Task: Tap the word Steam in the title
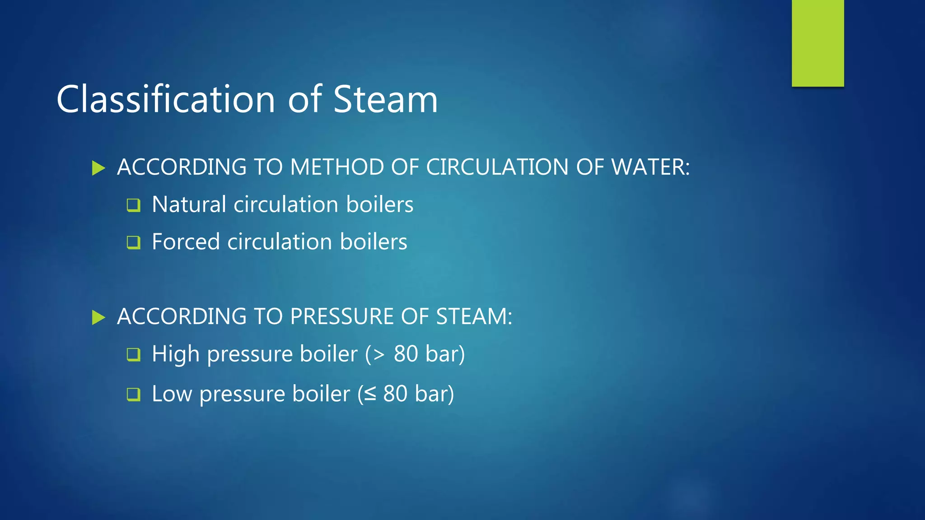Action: (385, 99)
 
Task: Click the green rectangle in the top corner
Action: (818, 43)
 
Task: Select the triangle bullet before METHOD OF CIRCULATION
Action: (98, 168)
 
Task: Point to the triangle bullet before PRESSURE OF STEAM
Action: (98, 317)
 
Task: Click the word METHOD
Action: (337, 167)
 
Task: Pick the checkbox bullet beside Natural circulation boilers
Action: (134, 205)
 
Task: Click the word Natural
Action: (189, 204)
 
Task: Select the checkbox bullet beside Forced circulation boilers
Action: (134, 242)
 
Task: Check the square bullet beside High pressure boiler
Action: (134, 354)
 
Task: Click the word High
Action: (176, 354)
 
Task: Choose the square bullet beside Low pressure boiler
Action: (134, 395)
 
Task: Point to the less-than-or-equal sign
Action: (370, 394)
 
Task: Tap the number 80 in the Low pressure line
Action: (395, 394)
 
